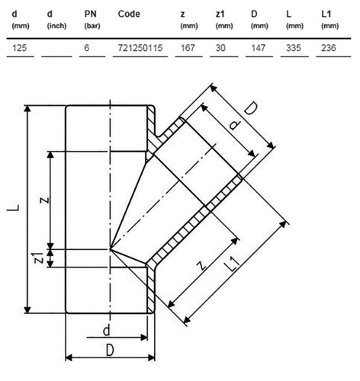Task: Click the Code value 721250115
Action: point(140,48)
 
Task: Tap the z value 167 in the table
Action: point(188,48)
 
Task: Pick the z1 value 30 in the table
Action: point(220,48)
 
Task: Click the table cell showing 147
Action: point(258,48)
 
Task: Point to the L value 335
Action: point(293,48)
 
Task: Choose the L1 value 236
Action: point(329,48)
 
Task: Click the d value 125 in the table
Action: point(19,48)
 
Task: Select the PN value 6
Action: point(87,48)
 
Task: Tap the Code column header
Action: point(129,14)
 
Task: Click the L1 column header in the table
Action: point(329,19)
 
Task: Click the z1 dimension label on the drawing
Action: point(39,258)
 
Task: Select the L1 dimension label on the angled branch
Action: point(233,264)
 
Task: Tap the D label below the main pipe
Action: point(110,351)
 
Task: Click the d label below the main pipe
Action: point(106,331)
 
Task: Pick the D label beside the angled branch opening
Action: point(251,109)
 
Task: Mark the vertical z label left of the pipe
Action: point(44,200)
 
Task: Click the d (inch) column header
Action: point(56,19)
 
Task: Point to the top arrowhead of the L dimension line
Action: point(27,109)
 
